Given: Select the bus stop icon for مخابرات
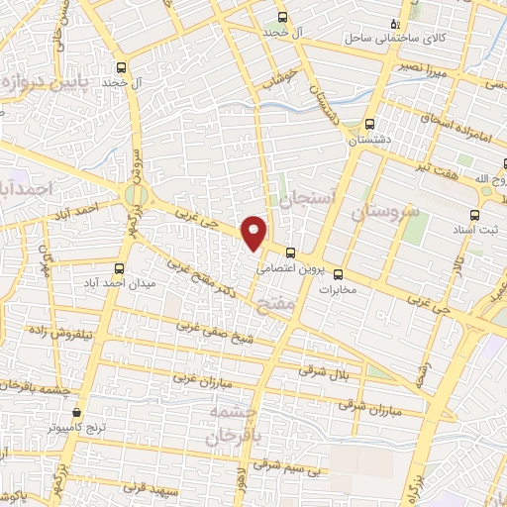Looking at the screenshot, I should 339,274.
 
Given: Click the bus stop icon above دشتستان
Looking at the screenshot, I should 369,125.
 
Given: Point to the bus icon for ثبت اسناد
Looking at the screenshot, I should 473,214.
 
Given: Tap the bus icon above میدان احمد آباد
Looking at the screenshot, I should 120,269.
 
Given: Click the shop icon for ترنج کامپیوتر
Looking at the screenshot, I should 76,413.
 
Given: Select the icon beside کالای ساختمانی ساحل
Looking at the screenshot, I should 396,24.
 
